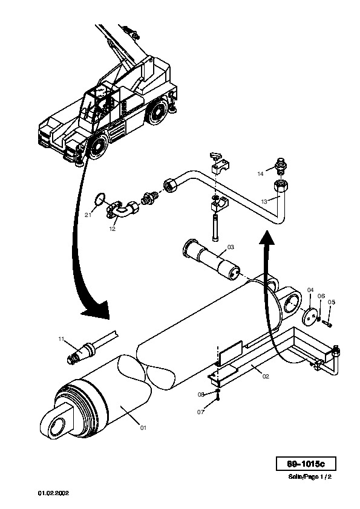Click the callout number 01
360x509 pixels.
pyautogui.click(x=143, y=428)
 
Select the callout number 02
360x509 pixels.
pyautogui.click(x=266, y=377)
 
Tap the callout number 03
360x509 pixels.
pyautogui.click(x=231, y=247)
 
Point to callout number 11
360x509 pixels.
pyautogui.click(x=61, y=339)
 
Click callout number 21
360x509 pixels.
pyautogui.click(x=88, y=215)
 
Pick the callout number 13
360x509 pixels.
pyautogui.click(x=264, y=201)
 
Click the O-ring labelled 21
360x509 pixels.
pyautogui.click(x=100, y=199)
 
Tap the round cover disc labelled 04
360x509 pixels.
pyautogui.click(x=310, y=316)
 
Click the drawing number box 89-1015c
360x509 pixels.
pyautogui.click(x=306, y=464)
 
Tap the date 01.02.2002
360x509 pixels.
pyautogui.click(x=54, y=493)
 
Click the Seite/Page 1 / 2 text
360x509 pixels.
pyautogui.click(x=310, y=477)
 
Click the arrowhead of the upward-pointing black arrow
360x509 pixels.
pyautogui.click(x=267, y=238)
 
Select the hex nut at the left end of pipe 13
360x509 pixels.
pyautogui.click(x=170, y=186)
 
